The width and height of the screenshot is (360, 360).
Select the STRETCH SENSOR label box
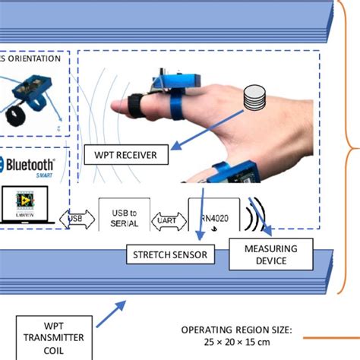click(x=170, y=255)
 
